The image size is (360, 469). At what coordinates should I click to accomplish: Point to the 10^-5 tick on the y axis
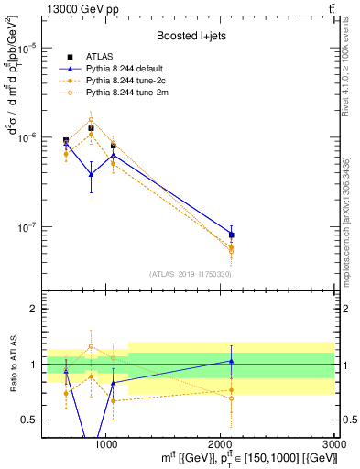click(28, 48)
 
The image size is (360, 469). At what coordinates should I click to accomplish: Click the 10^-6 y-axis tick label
click(28, 137)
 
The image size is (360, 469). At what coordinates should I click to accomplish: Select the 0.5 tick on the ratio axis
click(30, 420)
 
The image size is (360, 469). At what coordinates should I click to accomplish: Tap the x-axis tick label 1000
click(106, 442)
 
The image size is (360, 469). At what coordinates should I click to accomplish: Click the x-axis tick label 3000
click(334, 442)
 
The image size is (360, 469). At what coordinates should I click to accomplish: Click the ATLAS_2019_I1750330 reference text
click(190, 274)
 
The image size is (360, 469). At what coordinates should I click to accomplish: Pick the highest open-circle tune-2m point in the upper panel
click(91, 119)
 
